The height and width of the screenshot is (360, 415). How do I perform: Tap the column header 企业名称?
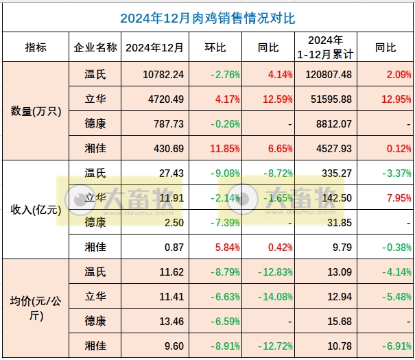(x=95, y=48)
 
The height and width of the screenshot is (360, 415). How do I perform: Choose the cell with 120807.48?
(x=327, y=74)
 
